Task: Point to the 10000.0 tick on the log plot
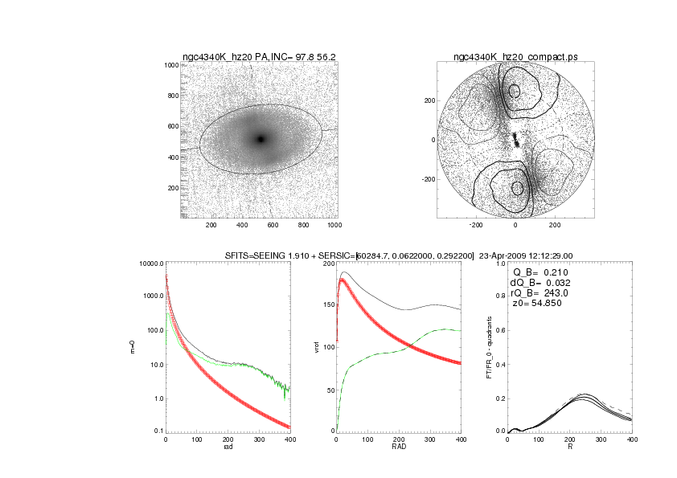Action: (150, 264)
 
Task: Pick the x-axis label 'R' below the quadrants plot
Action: (571, 447)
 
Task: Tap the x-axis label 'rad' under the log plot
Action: (227, 447)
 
